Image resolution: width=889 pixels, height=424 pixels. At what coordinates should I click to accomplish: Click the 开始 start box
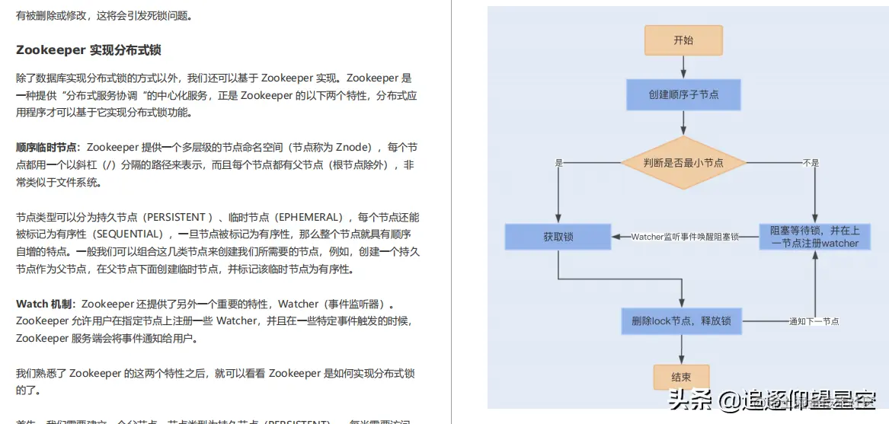point(683,40)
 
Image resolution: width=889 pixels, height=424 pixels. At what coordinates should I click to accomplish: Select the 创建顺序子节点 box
point(683,95)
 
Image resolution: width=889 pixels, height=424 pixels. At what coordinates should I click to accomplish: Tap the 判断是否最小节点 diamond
point(683,162)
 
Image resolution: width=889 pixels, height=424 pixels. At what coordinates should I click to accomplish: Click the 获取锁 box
point(558,237)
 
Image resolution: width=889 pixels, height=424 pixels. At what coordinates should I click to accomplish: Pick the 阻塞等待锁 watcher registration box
point(814,237)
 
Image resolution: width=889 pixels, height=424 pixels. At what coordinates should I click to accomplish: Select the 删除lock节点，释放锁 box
point(681,320)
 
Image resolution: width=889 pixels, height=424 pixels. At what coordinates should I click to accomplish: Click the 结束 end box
point(681,377)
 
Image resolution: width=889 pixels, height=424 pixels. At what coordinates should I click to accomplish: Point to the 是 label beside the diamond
point(558,163)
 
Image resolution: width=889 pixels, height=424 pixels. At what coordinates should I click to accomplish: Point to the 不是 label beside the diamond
point(811,163)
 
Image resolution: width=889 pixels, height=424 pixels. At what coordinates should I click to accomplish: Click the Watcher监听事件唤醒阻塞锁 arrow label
point(685,237)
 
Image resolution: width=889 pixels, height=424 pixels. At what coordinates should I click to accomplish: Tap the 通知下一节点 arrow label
point(814,321)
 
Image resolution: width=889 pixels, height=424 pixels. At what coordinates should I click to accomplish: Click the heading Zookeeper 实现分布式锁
point(88,50)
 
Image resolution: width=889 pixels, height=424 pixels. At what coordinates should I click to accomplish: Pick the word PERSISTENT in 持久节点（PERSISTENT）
point(175,217)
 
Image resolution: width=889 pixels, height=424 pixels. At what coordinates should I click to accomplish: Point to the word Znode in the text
point(353,147)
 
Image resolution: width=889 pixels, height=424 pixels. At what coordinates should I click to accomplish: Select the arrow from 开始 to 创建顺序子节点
point(683,67)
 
